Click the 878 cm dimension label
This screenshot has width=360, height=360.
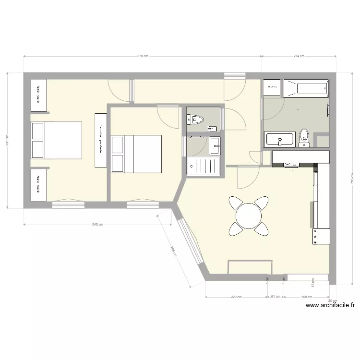coord(143,56)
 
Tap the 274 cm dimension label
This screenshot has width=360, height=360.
coord(299,56)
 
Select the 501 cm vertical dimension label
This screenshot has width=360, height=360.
coord(7,140)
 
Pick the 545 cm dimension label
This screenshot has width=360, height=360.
coord(97,224)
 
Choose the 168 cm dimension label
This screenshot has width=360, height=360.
coord(307,297)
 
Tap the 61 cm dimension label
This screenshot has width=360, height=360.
coord(275,297)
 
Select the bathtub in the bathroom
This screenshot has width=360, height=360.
coord(306,87)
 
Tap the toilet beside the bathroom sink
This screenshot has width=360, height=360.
coord(304,136)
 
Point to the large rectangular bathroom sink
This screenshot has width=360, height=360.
coord(280,140)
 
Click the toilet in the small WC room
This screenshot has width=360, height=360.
coord(196,120)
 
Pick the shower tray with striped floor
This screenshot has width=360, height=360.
coord(204,166)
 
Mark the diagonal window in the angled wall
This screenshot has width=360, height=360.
coord(189,242)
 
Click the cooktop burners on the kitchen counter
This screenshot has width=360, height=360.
coord(315,236)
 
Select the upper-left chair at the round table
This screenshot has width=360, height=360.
coord(237,203)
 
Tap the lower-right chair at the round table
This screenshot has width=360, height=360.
coord(261,228)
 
